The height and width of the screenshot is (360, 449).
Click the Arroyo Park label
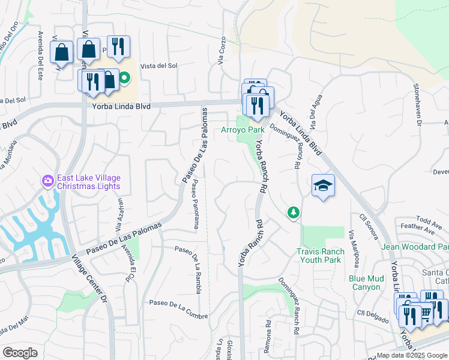tap(243, 130)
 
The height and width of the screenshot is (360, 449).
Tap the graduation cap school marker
tap(323, 186)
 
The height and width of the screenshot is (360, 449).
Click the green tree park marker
tap(294, 212)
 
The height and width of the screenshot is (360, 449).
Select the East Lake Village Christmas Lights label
tap(89, 181)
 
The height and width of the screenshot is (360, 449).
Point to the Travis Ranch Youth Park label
tap(321, 256)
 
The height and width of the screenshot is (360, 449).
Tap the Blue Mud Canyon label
tap(365, 283)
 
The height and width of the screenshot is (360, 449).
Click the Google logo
tap(20, 353)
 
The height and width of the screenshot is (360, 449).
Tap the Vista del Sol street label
tap(159, 66)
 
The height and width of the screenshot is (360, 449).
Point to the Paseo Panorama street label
tap(195, 206)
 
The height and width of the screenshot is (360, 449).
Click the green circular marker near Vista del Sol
tap(125, 77)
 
